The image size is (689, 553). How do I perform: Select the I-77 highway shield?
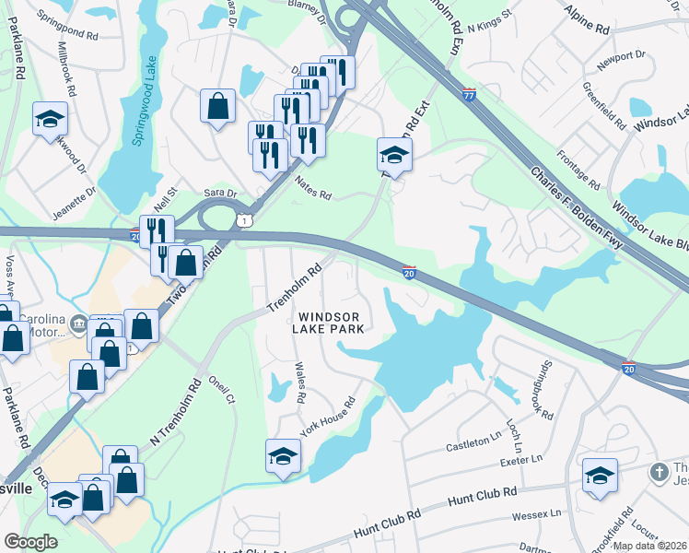[469, 94]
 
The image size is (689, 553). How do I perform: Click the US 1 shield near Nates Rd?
[242, 219]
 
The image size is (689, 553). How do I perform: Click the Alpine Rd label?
[590, 29]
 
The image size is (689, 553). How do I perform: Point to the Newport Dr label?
[621, 57]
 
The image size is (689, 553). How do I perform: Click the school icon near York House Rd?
[283, 455]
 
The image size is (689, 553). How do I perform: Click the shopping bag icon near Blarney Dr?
[218, 105]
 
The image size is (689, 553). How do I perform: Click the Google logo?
[30, 541]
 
